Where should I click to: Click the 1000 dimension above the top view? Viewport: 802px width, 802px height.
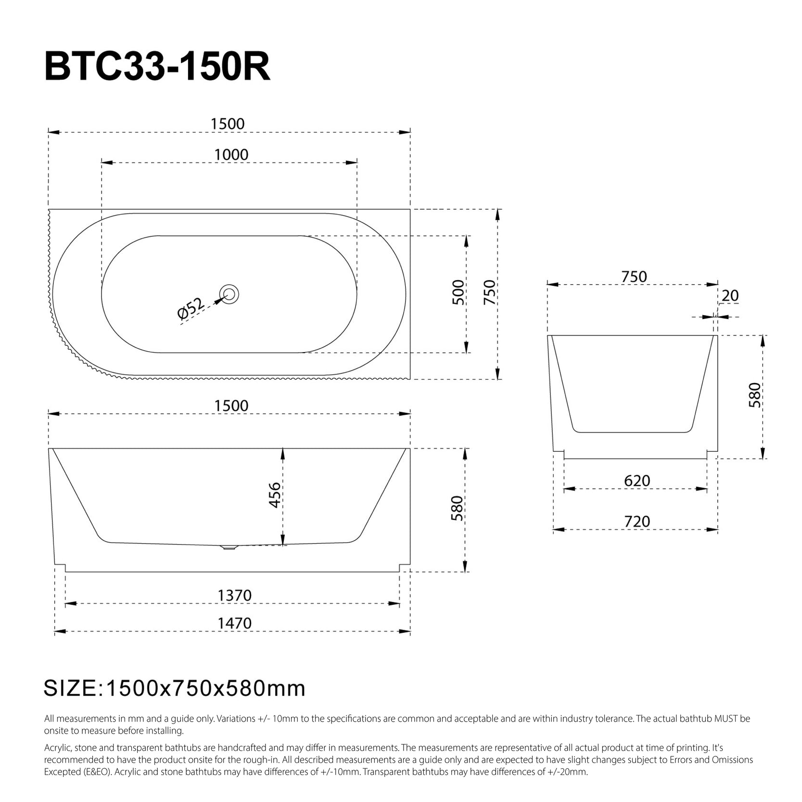coord(231,155)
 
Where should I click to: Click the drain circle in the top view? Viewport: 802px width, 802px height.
coord(229,294)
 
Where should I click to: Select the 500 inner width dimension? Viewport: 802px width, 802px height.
coord(459,292)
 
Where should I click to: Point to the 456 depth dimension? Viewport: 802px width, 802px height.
coord(275,495)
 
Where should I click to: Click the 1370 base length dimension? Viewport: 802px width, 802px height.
coord(235,596)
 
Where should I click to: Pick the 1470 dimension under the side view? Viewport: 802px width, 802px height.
coord(235,624)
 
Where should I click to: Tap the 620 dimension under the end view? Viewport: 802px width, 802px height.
coord(637,481)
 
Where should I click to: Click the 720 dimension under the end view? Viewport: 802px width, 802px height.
coord(637,522)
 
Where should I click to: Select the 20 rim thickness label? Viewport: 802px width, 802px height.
coord(730,296)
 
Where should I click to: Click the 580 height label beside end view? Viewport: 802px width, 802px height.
coord(755,395)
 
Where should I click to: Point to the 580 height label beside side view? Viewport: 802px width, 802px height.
coord(457,509)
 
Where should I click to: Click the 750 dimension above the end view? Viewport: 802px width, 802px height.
coord(634,277)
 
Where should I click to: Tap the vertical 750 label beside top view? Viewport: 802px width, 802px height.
coord(489,292)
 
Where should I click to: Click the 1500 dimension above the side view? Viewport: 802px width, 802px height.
coord(231,406)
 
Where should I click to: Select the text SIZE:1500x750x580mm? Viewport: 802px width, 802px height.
coord(175,688)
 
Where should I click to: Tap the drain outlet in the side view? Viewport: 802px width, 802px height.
coord(229,547)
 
